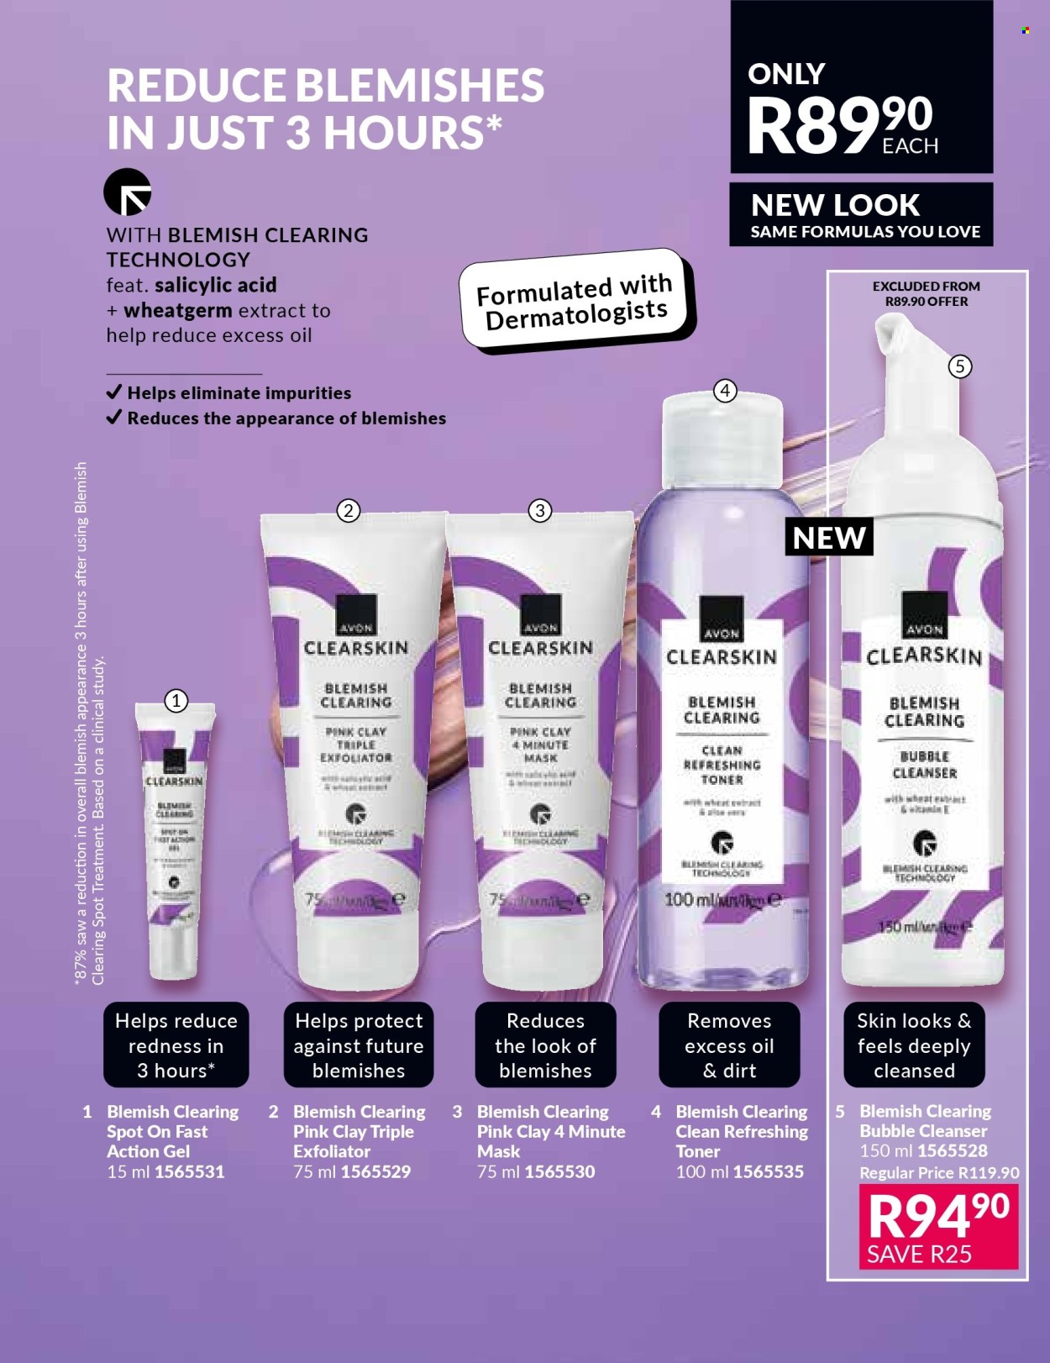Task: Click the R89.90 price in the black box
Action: tap(840, 124)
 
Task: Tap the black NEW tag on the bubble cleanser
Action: tap(829, 537)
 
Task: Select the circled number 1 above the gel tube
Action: tap(176, 700)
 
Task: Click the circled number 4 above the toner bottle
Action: tap(725, 390)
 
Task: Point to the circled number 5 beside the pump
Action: tap(959, 366)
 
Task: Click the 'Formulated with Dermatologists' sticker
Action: tap(576, 301)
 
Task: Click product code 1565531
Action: tap(190, 1171)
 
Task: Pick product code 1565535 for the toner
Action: tap(768, 1171)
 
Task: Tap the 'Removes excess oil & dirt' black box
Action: tap(729, 1045)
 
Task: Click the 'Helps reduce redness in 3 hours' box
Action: tap(176, 1045)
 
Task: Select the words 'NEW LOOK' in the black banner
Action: tap(835, 205)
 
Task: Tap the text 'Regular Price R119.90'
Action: tap(939, 1172)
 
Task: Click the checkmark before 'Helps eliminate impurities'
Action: tap(114, 392)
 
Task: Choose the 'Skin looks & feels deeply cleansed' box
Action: tap(914, 1045)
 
